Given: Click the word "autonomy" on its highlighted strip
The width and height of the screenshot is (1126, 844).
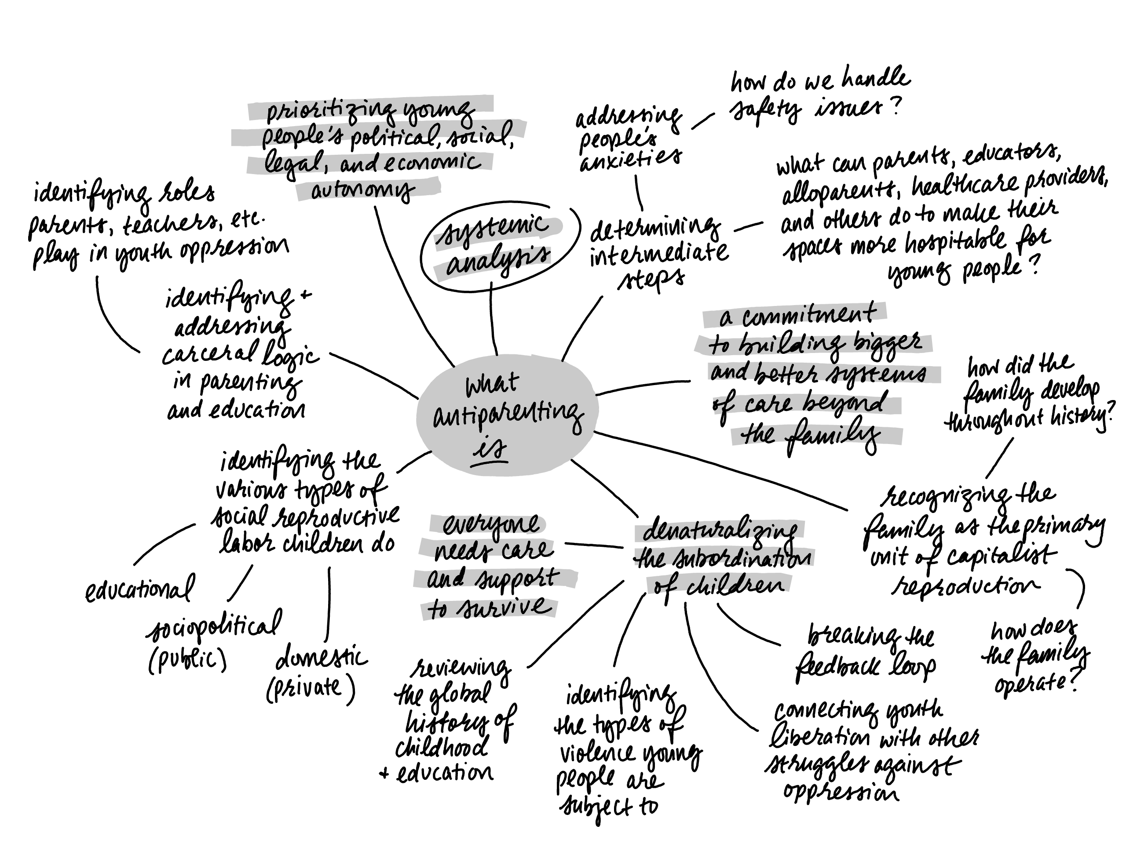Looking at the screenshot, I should click(x=362, y=190).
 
